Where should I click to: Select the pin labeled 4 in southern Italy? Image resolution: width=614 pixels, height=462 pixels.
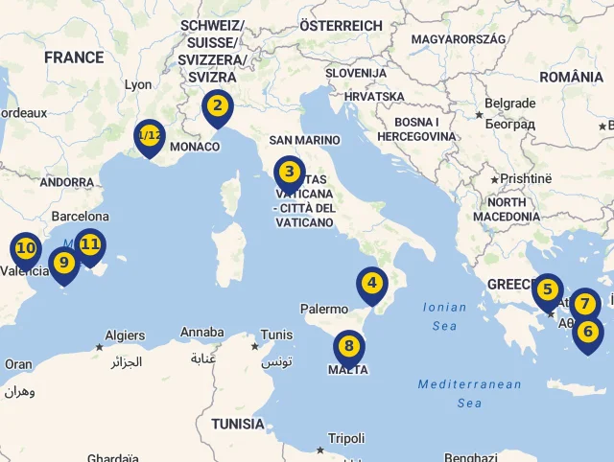tap(371, 284)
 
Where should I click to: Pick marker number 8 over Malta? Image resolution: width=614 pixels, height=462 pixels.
tap(348, 347)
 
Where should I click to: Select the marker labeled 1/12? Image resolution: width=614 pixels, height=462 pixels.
tap(149, 136)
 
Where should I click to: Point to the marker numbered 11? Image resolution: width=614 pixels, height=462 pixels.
tap(90, 244)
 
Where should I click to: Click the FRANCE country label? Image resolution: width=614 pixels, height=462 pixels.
tap(73, 58)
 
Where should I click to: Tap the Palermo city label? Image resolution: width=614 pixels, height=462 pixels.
tap(324, 310)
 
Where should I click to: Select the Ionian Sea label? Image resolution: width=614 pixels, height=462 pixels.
tap(444, 316)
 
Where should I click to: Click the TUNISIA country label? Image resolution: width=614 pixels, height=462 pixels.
tap(238, 424)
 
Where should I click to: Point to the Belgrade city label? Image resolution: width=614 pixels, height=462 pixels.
tap(509, 104)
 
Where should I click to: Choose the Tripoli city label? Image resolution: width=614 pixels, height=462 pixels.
tap(346, 439)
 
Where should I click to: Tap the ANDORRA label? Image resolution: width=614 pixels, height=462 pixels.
tap(67, 182)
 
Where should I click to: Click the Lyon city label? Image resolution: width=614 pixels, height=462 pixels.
tap(138, 84)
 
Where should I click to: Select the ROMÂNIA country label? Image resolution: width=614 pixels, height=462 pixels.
tap(572, 77)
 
